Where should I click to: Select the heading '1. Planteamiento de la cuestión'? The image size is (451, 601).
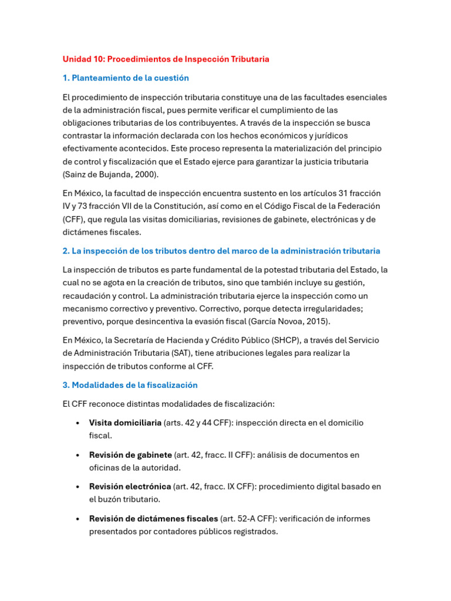[126, 78]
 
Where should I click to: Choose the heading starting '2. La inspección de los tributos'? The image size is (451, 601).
[221, 251]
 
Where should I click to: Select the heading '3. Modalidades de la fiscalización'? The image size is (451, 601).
[130, 385]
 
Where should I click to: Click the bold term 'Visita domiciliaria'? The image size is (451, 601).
[125, 423]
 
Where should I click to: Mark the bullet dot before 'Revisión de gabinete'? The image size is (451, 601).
[78, 455]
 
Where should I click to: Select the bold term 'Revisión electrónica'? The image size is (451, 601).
[130, 487]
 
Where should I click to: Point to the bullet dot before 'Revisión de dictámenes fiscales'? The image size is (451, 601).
[78, 519]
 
